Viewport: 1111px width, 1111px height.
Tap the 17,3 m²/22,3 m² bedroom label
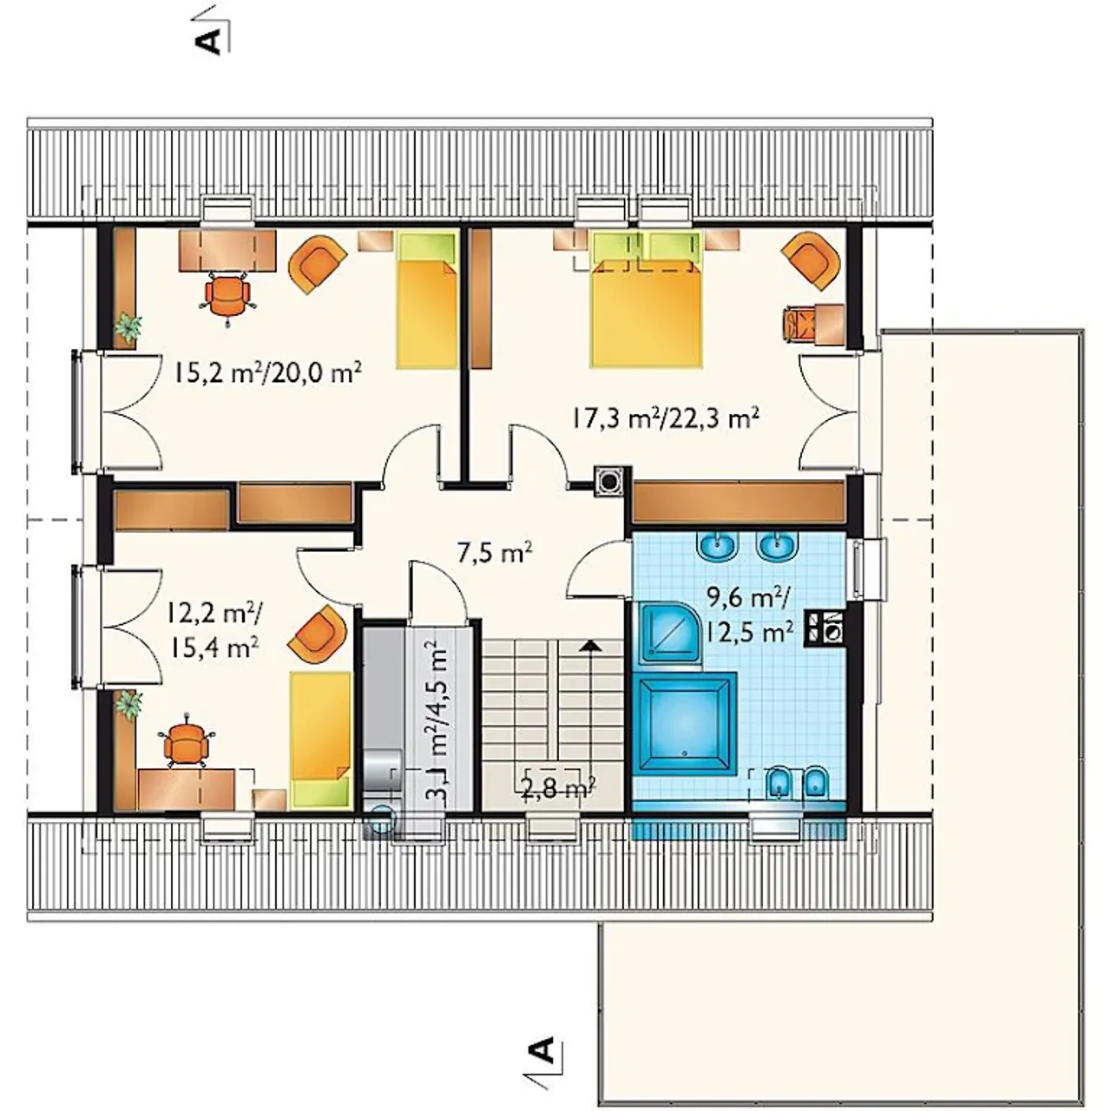665,417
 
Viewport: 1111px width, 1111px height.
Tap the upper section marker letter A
209,42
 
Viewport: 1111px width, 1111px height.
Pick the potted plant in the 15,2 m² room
128,329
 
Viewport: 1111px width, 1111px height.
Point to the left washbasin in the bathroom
718,546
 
